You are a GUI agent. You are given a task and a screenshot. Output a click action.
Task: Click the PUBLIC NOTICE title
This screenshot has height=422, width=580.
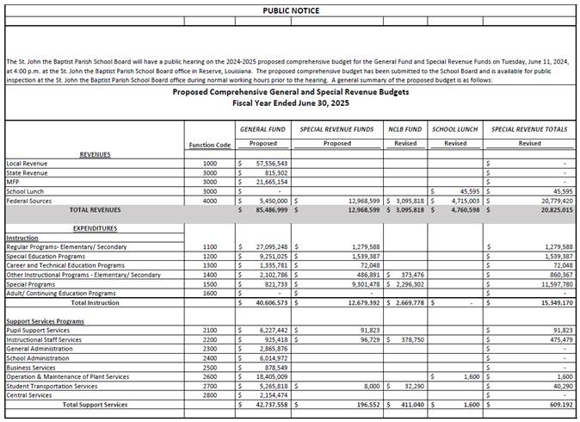tap(290, 10)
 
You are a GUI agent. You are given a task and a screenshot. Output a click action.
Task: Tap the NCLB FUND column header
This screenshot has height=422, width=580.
tap(404, 128)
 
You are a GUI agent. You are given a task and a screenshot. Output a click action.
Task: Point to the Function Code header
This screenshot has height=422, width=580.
tap(209, 145)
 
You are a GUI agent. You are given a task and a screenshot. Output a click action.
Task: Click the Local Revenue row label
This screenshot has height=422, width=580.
tap(27, 163)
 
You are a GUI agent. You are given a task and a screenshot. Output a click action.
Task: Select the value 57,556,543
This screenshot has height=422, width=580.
tap(268, 163)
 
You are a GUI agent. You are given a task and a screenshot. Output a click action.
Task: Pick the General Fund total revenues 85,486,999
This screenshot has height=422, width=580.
tap(268, 209)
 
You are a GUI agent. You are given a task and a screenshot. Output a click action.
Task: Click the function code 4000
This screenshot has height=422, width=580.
tap(209, 200)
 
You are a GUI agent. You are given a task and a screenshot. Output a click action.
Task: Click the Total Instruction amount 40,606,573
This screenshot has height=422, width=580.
tap(268, 302)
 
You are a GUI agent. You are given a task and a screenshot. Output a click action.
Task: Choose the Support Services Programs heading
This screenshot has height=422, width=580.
tap(46, 320)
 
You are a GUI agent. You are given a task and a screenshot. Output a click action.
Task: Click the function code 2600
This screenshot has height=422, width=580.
tap(209, 376)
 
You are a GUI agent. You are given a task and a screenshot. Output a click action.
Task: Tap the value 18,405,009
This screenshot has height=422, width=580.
tap(268, 376)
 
